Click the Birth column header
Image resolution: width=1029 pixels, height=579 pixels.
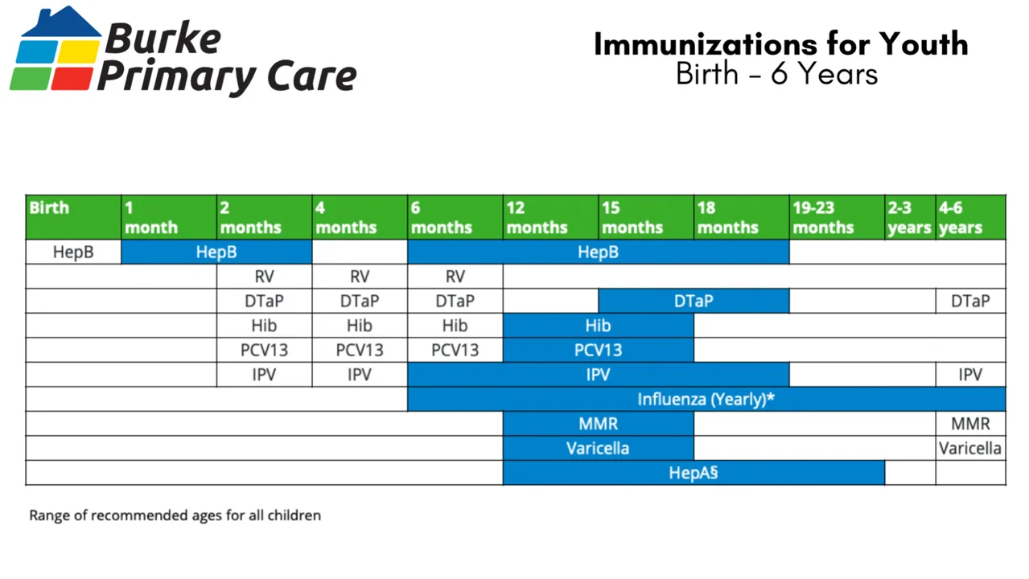point(73,217)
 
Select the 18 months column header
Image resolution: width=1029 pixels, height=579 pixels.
point(741,217)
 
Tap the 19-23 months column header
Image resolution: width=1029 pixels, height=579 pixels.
point(837,217)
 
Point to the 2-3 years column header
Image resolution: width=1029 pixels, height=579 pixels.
point(910,217)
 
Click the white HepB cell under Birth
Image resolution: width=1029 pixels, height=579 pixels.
point(73,252)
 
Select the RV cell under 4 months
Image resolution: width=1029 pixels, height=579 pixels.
point(360,277)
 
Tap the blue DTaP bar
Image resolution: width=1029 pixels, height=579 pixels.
point(694,301)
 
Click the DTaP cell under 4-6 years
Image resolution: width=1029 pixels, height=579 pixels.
point(970,301)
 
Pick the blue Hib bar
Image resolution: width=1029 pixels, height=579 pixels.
point(598,326)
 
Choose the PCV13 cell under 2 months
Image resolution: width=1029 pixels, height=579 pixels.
point(264,351)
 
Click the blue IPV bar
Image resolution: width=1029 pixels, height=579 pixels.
point(598,375)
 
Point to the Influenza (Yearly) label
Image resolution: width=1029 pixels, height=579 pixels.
point(706,399)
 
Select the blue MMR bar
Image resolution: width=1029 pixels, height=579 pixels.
point(598,424)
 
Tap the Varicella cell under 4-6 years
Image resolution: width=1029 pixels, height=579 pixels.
point(970,448)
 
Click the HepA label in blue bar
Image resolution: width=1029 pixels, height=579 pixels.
point(693,473)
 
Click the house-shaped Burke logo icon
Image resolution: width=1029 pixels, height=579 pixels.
point(54,50)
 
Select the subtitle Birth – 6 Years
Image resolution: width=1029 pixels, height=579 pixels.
point(776,74)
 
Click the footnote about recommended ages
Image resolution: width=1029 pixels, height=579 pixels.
point(175,515)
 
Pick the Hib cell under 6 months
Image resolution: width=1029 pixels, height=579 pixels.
point(455,326)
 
